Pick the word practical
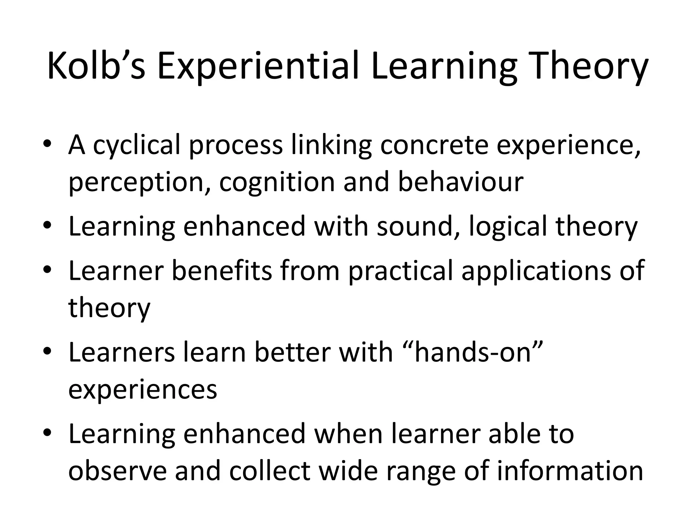[x=401, y=271]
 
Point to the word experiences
[x=143, y=390]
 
